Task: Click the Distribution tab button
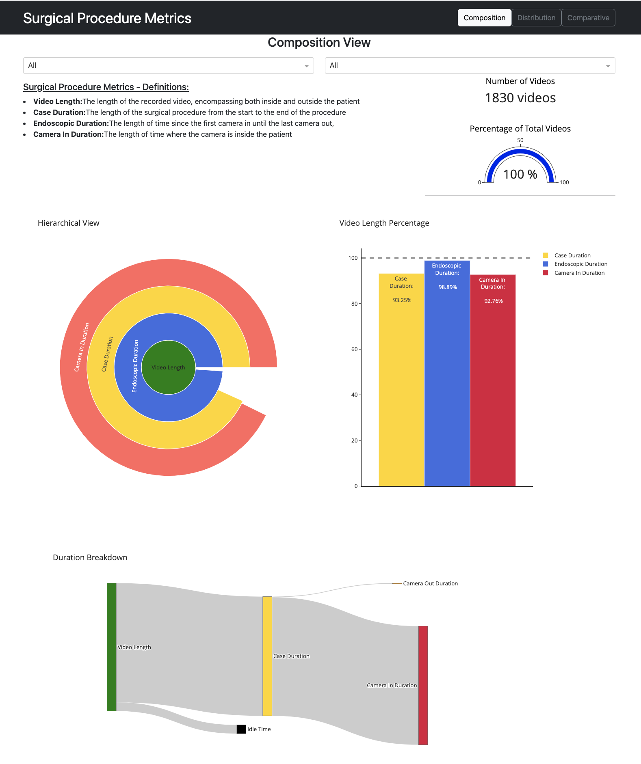click(536, 18)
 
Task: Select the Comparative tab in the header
click(588, 18)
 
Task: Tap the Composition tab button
click(484, 18)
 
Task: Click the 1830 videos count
click(520, 98)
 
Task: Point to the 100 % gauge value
click(520, 175)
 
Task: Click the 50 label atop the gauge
click(520, 140)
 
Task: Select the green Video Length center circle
click(168, 367)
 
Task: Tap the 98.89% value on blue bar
click(447, 287)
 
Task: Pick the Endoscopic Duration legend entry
click(580, 264)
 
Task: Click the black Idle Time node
click(241, 729)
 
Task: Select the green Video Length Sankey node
click(112, 647)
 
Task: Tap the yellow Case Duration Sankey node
click(267, 656)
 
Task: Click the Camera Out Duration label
click(430, 583)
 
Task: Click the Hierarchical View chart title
click(68, 223)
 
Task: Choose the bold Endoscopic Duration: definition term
click(71, 123)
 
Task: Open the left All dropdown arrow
click(306, 66)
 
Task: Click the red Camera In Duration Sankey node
click(423, 685)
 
